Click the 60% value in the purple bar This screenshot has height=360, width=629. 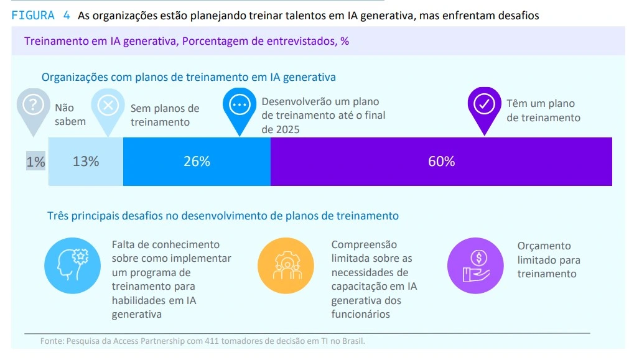pyautogui.click(x=441, y=162)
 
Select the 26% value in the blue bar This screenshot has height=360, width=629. pyautogui.click(x=197, y=162)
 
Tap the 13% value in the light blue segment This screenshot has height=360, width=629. pyautogui.click(x=86, y=162)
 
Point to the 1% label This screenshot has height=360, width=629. pyautogui.click(x=35, y=162)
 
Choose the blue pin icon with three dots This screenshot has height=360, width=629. pyautogui.click(x=239, y=106)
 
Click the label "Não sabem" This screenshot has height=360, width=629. pyautogui.click(x=70, y=115)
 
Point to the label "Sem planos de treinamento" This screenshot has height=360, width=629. pyautogui.click(x=164, y=115)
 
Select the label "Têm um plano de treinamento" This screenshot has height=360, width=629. pyautogui.click(x=543, y=111)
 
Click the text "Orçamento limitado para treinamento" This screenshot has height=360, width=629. pyautogui.click(x=547, y=260)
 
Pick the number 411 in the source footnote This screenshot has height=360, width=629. pyautogui.click(x=198, y=341)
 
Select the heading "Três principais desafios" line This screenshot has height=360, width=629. pyautogui.click(x=223, y=216)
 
